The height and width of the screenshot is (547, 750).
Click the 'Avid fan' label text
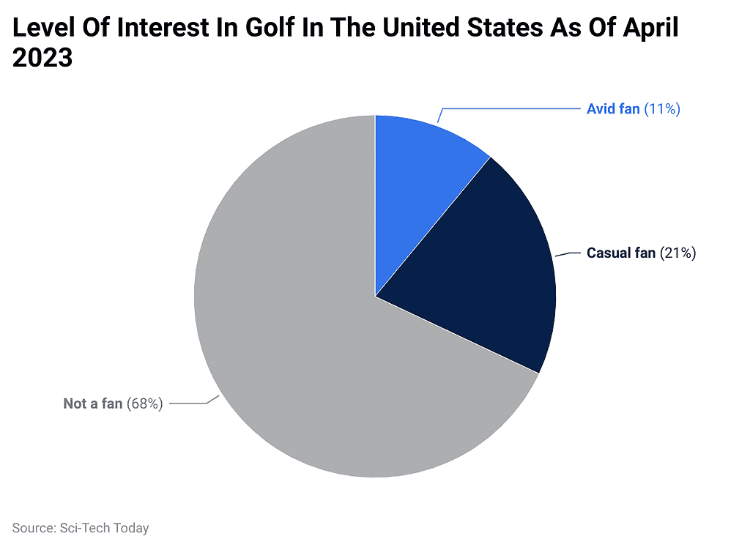tap(613, 109)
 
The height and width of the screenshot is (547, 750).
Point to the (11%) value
tap(663, 109)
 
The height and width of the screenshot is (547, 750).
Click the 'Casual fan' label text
tap(621, 253)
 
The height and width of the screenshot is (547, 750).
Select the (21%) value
tap(678, 253)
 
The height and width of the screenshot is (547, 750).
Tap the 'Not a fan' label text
tap(93, 403)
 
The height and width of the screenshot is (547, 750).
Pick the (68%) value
tap(145, 403)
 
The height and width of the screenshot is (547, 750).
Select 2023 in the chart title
tap(42, 58)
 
